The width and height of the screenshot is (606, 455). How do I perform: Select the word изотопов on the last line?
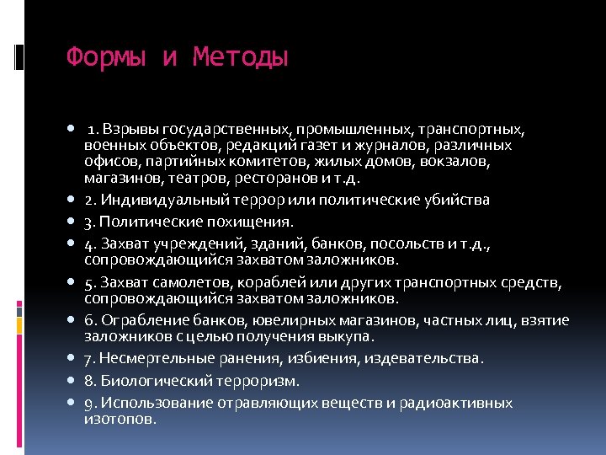(x=120, y=418)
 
